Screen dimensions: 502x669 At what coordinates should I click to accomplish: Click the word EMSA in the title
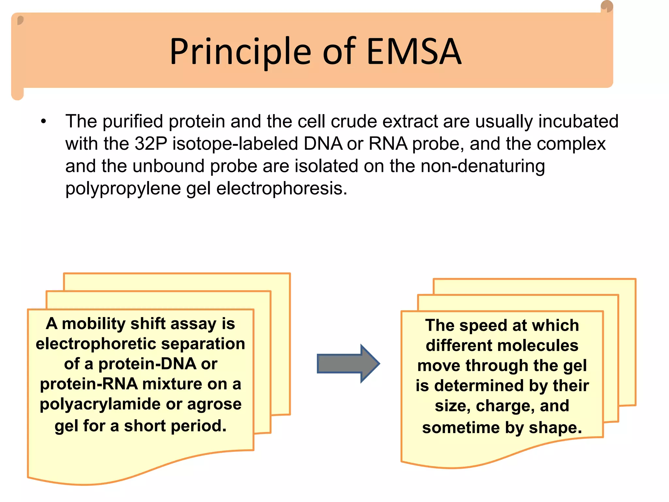tap(414, 52)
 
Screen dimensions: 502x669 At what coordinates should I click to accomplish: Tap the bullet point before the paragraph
tap(44, 122)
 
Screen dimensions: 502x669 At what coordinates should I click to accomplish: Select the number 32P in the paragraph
tap(151, 144)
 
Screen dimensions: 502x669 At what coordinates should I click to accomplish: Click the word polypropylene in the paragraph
tap(123, 189)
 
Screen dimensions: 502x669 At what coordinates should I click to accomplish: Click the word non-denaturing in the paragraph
tap(482, 166)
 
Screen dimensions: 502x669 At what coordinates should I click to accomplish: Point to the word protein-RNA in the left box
tap(89, 384)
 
